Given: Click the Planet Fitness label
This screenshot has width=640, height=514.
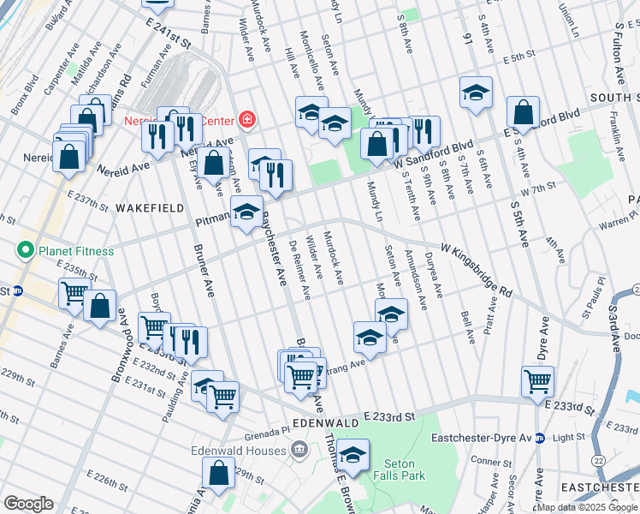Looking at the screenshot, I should pyautogui.click(x=75, y=251).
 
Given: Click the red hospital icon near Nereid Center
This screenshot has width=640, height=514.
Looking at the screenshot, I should pyautogui.click(x=246, y=118).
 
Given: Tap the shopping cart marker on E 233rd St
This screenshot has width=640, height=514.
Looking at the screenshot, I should pyautogui.click(x=537, y=380).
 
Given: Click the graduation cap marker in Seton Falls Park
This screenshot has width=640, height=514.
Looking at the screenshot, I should pyautogui.click(x=352, y=453).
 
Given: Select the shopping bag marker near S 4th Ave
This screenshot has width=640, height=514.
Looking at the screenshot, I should pyautogui.click(x=523, y=111).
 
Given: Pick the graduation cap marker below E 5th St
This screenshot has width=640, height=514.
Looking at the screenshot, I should pyautogui.click(x=476, y=92).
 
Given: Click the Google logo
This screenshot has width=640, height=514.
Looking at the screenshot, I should pyautogui.click(x=28, y=504).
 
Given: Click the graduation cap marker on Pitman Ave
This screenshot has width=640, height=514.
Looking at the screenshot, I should pyautogui.click(x=247, y=211).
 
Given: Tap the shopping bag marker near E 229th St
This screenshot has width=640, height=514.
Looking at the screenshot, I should pyautogui.click(x=219, y=472).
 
